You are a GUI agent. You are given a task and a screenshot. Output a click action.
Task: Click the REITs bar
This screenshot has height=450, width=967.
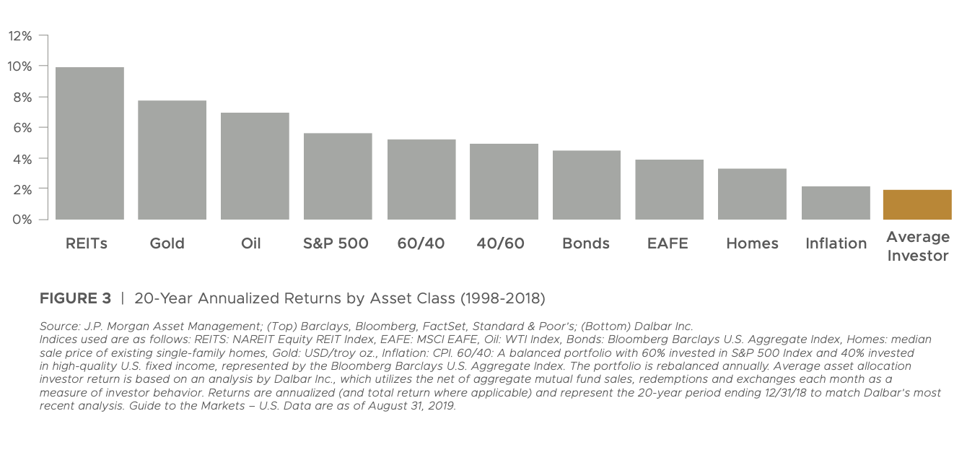tap(89, 143)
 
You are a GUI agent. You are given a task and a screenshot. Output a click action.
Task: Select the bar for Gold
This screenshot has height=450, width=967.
tap(172, 160)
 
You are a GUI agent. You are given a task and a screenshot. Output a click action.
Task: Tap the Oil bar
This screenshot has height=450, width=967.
tap(255, 166)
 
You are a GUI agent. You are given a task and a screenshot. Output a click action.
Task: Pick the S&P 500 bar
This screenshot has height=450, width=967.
tap(338, 176)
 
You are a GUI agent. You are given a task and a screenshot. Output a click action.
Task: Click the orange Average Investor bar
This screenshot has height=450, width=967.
tap(917, 204)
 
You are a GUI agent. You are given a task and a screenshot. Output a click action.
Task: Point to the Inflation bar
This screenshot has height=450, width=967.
tap(836, 203)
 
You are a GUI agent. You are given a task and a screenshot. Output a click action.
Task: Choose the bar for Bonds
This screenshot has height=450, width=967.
tap(587, 185)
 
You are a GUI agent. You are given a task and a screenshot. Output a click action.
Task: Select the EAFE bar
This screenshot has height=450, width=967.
tap(669, 189)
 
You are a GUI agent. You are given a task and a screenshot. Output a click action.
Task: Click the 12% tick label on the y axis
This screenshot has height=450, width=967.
tap(20, 36)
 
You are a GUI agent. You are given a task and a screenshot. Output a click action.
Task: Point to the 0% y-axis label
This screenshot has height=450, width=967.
tap(22, 220)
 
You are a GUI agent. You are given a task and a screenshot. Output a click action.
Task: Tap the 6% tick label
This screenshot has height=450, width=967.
tap(22, 128)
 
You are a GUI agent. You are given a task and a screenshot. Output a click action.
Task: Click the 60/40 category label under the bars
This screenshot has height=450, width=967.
tap(421, 243)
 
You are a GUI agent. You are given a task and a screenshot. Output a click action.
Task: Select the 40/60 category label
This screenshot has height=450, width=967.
tap(500, 243)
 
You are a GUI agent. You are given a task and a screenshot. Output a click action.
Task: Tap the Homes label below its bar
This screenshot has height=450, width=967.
tap(752, 243)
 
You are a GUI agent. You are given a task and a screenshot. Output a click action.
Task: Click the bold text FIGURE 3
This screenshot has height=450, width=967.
tap(76, 298)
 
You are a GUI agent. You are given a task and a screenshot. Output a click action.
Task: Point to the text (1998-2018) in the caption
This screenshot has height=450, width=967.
tap(502, 298)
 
